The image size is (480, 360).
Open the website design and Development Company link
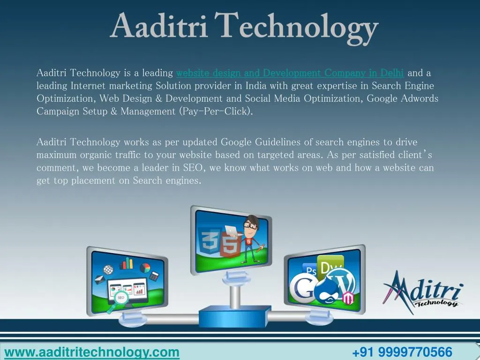290,73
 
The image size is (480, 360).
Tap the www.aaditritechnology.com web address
92,352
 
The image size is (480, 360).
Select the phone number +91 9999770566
402,352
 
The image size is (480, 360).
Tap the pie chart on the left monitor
145,268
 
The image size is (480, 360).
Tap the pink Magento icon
348,298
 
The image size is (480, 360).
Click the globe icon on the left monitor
108,270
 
